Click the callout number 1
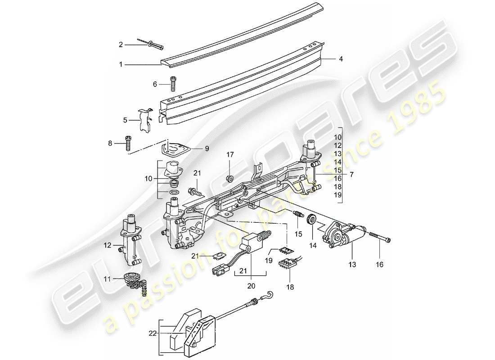coord(121,65)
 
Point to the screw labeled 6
coord(173,84)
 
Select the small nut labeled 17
coord(229,177)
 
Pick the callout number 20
coord(251,286)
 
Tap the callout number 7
coord(351,173)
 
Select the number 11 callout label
coord(107,279)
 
